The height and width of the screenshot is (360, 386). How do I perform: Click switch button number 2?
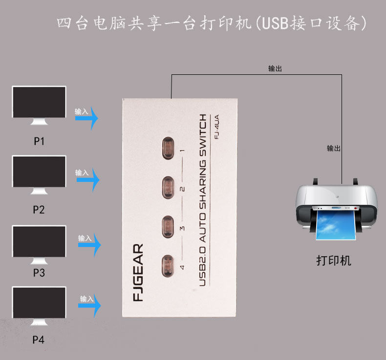point(167,186)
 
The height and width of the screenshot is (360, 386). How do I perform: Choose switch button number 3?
point(167,225)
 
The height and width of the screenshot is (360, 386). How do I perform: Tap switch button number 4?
point(167,266)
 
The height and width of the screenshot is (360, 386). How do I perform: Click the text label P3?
point(39,273)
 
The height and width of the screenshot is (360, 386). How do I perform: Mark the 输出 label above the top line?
point(275,69)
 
